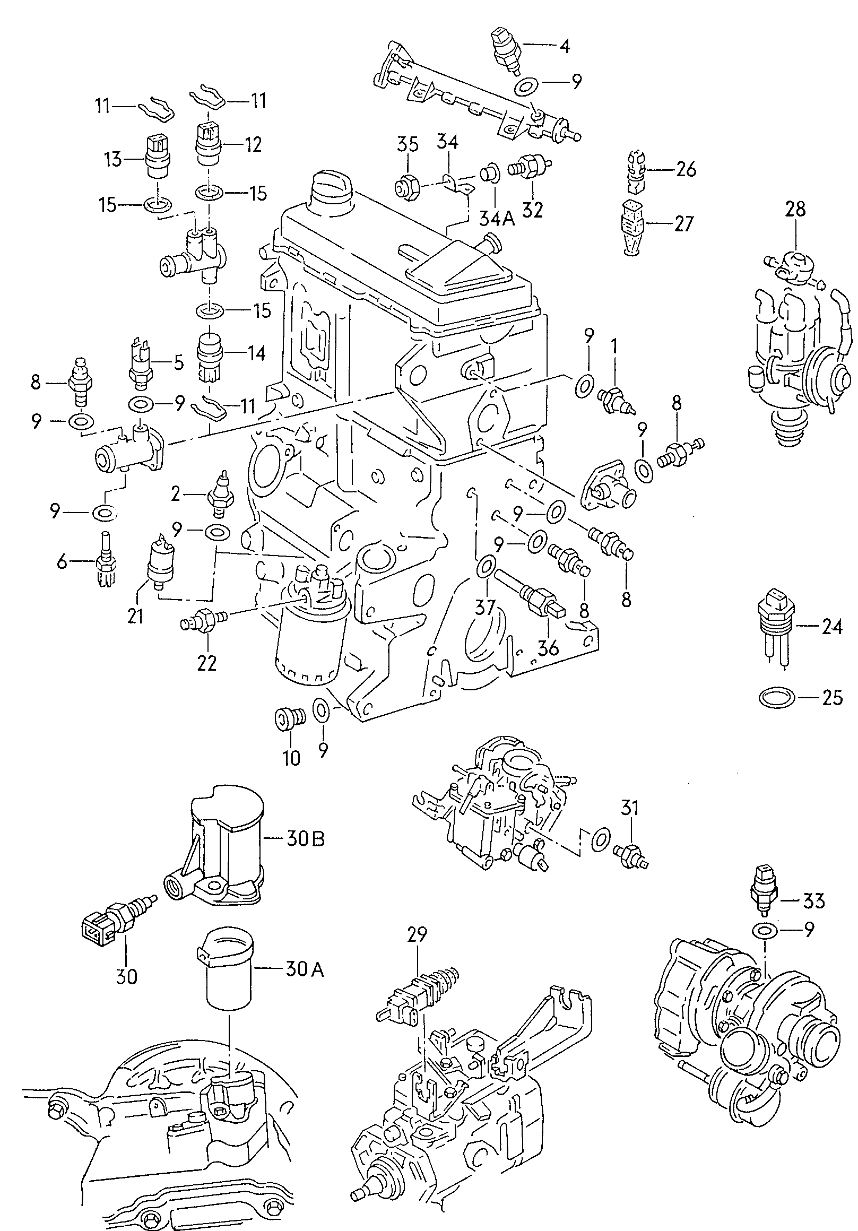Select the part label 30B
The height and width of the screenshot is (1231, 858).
pos(305,838)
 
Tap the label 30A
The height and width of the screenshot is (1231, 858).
pos(305,969)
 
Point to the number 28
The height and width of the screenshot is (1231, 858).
pos(795,209)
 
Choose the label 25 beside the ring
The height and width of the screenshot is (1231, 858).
pos(832,698)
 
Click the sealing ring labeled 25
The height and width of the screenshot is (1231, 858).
pos(777,698)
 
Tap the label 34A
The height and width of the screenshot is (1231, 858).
pos(497,218)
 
